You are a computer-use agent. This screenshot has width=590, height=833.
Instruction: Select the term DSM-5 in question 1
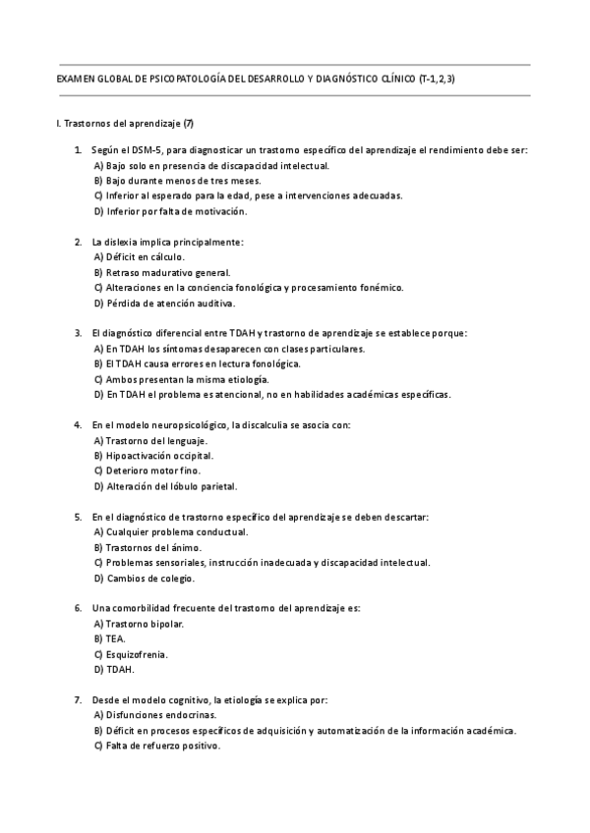coord(148,150)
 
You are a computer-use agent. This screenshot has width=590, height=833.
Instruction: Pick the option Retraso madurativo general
coord(161,272)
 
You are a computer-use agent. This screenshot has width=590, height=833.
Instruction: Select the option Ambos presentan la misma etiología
coord(181,378)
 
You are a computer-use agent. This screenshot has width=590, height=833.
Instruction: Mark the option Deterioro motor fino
coord(147,471)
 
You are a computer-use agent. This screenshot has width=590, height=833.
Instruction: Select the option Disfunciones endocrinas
coord(154,715)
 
